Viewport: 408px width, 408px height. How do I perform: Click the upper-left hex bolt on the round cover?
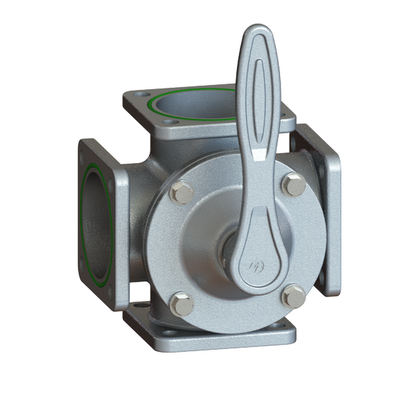click(182, 192)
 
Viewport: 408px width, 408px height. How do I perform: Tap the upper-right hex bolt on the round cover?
click(294, 186)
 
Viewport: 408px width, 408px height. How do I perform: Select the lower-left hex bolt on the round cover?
click(182, 303)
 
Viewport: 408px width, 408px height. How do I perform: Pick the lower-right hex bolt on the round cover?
click(293, 295)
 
